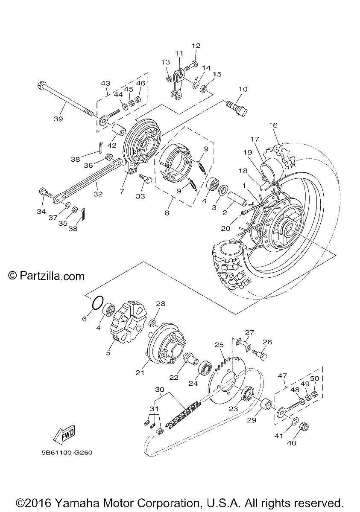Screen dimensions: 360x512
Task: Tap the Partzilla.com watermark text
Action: click(47, 276)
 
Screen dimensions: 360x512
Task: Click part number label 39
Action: click(59, 119)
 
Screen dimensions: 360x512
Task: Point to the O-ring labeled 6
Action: click(98, 303)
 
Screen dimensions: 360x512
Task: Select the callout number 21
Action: click(140, 373)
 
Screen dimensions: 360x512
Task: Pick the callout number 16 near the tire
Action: click(273, 125)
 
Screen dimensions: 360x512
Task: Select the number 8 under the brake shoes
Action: click(167, 213)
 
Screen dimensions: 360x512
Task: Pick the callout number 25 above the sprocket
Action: click(219, 344)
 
